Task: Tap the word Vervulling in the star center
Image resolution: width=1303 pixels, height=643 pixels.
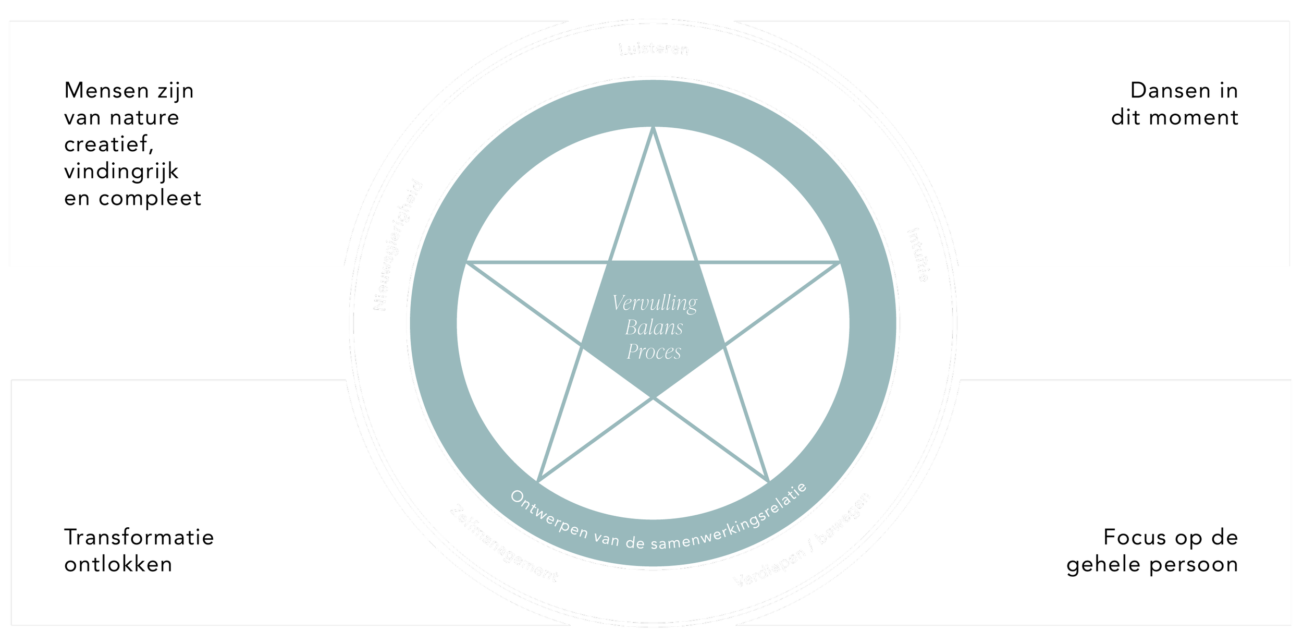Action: [654, 303]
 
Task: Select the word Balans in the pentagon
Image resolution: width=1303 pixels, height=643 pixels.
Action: [654, 327]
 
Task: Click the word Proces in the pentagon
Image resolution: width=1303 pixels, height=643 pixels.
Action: [654, 352]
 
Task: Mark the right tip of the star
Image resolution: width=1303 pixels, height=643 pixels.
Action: [838, 262]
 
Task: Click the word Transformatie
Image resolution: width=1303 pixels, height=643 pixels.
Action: [139, 537]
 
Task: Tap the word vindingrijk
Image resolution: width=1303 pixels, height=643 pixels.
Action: [121, 172]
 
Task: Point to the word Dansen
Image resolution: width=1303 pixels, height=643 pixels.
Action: [1163, 91]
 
